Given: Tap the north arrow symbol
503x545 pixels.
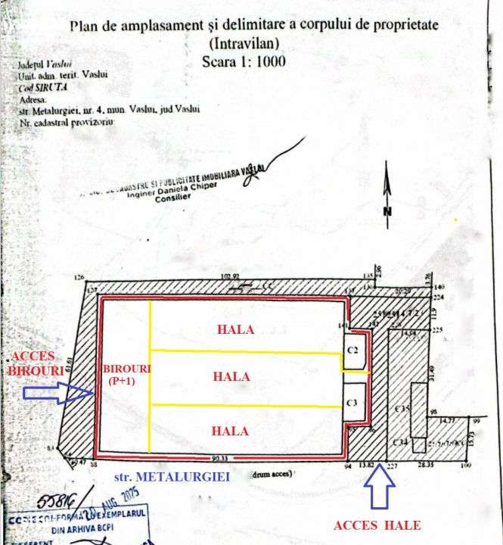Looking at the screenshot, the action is pyautogui.click(x=387, y=198).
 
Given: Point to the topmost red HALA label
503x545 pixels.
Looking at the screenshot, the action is pyautogui.click(x=235, y=330).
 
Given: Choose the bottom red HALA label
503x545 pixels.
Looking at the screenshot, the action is pyautogui.click(x=231, y=431).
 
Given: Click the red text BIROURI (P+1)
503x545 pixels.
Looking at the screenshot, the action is pyautogui.click(x=120, y=373).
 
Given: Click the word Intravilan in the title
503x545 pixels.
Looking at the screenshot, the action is pyautogui.click(x=243, y=43).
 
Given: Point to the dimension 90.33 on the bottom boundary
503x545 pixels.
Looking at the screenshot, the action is pyautogui.click(x=220, y=457).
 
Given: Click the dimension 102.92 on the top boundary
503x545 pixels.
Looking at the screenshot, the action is pyautogui.click(x=229, y=277).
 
